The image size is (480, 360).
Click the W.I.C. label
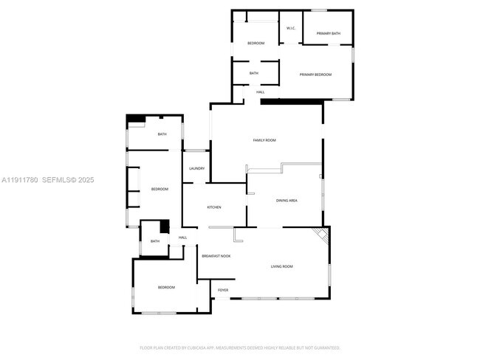tap(291, 28)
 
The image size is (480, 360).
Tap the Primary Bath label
tap(328, 33)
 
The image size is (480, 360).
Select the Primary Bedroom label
tap(315, 75)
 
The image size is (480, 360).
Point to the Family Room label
tap(264, 140)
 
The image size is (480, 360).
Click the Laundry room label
tap(196, 168)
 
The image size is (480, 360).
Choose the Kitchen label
tap(214, 207)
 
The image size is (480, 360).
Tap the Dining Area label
tap(287, 200)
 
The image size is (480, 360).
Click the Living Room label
tap(282, 266)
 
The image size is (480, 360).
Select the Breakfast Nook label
tap(216, 255)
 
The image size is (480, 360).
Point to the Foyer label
tap(223, 290)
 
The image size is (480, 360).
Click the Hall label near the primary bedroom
tap(260, 92)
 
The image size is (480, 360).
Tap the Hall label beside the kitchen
tap(182, 237)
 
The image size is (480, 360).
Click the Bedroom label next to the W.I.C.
tap(256, 44)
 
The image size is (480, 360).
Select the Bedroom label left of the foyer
tap(166, 287)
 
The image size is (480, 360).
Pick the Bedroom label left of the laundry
tap(160, 189)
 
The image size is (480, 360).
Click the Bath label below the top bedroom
tap(253, 73)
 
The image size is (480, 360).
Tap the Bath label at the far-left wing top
tap(162, 134)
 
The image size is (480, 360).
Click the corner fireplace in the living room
tap(322, 234)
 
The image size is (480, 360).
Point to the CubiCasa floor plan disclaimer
tap(240, 347)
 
